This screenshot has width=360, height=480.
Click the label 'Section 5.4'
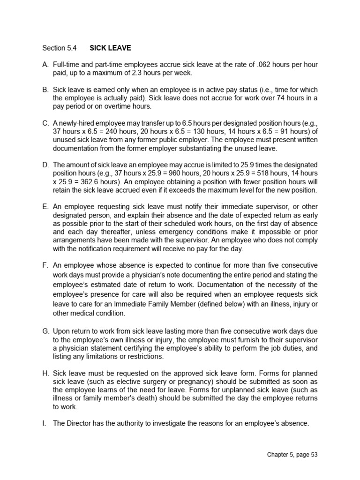pos(58,48)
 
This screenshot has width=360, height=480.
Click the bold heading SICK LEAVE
pos(110,48)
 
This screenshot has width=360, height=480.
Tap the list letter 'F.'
pos(45,265)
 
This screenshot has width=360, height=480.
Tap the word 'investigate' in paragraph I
pos(177,423)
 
